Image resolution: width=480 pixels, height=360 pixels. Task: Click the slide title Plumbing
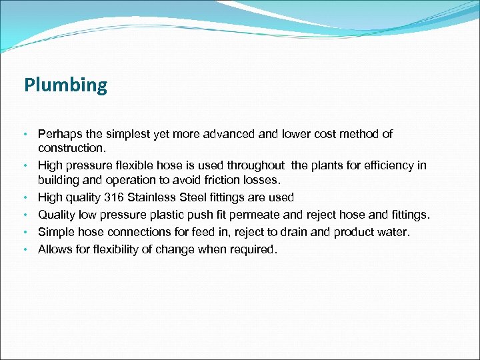tap(65, 86)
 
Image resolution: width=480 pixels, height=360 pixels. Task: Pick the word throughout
tap(255, 165)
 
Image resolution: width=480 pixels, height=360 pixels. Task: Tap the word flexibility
tap(122, 249)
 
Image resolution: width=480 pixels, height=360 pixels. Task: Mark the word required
tap(252, 249)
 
